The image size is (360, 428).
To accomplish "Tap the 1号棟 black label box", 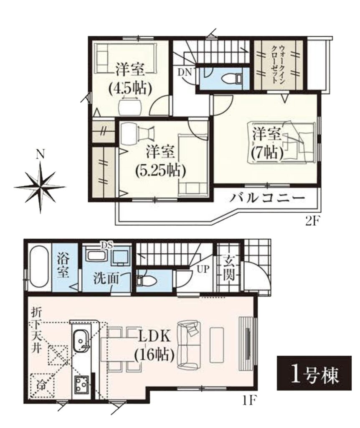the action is click(x=314, y=373).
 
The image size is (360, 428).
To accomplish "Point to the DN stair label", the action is click(x=185, y=72).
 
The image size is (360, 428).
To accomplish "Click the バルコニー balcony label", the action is click(x=266, y=198).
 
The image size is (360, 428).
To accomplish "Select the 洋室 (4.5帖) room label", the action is click(x=130, y=79).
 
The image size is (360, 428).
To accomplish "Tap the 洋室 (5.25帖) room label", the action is click(x=161, y=161).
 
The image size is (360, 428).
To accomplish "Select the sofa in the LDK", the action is click(x=188, y=345).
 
